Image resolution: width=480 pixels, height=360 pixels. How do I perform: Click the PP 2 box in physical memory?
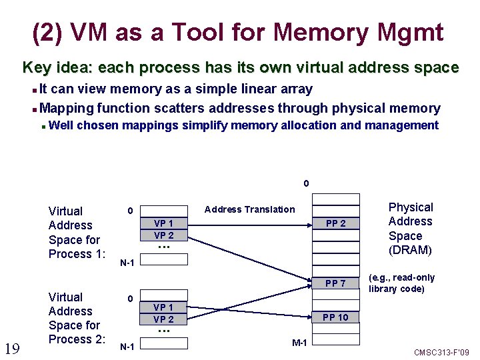point(335,223)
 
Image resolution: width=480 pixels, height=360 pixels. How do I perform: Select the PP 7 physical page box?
point(335,284)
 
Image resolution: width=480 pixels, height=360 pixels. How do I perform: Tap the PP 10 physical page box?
point(335,317)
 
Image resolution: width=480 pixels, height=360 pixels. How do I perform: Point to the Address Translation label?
point(249,209)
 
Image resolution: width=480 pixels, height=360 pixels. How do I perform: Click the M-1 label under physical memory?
point(299,343)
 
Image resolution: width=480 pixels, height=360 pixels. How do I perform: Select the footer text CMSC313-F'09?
point(441,352)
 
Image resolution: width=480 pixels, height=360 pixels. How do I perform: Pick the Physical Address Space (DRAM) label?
point(411,229)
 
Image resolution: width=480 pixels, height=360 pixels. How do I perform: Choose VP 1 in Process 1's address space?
point(164,224)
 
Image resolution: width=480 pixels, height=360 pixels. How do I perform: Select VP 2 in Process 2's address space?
point(164,319)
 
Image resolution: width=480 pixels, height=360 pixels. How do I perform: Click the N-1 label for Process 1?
point(127,263)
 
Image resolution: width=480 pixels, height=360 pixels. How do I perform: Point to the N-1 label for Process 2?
point(127,347)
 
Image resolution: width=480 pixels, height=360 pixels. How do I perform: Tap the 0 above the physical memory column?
point(306,183)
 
